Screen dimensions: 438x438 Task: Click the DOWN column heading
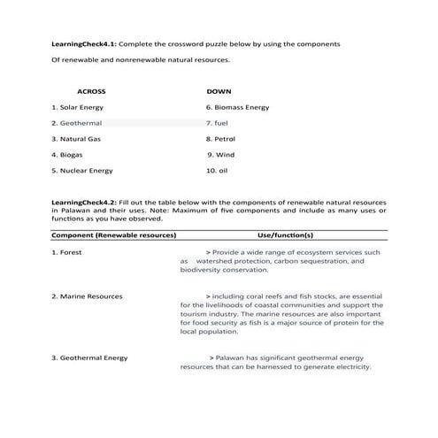tap(219, 91)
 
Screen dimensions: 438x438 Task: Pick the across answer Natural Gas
tap(81, 139)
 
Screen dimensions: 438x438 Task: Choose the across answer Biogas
tap(72, 154)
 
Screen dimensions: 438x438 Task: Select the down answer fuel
tap(220, 123)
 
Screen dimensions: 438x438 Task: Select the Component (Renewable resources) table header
tap(114, 235)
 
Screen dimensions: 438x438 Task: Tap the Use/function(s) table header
tap(285, 235)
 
